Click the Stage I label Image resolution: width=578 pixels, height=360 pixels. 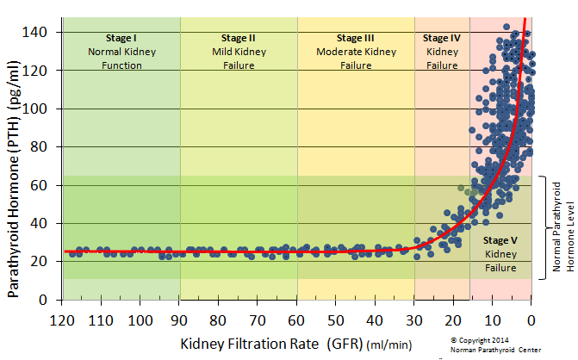click(121, 38)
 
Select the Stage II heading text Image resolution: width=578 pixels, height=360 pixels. click(238, 38)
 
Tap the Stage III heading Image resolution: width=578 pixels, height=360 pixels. click(356, 38)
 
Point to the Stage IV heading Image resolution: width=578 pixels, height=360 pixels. click(442, 38)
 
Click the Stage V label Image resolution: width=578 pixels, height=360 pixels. click(500, 240)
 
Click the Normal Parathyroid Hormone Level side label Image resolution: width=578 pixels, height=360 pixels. click(562, 227)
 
